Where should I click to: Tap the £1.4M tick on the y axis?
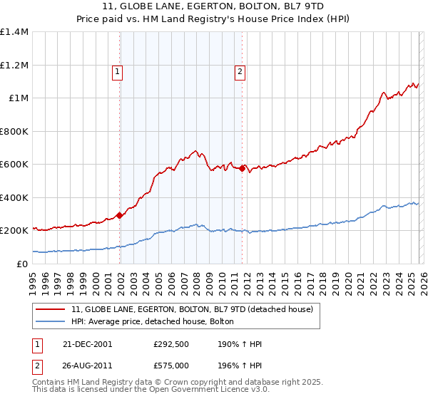coord(14,32)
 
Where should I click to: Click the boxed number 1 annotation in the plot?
coord(116,71)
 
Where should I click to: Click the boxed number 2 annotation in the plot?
coord(240,71)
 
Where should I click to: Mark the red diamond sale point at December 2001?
coord(120,216)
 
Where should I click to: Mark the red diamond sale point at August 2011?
coord(243,169)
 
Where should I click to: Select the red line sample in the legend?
coord(50,309)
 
